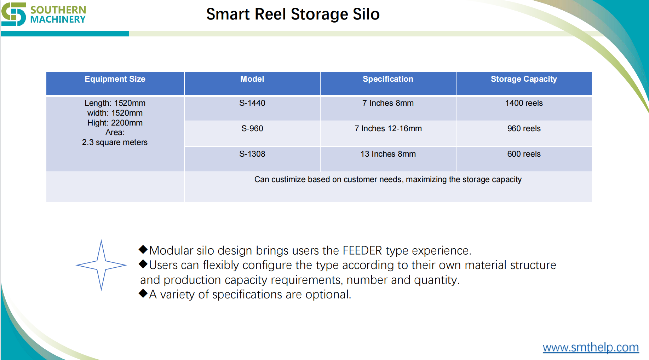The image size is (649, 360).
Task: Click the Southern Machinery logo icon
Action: click(x=13, y=14)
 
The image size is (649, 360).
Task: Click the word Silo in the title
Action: click(x=366, y=14)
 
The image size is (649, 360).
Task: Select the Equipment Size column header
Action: click(x=115, y=79)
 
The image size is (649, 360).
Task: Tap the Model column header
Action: click(x=252, y=79)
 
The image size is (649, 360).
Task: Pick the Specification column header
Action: click(x=388, y=79)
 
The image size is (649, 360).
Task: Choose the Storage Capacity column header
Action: click(x=524, y=79)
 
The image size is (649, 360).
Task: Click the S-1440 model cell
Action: click(x=252, y=103)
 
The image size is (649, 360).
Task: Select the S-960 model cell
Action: click(x=252, y=129)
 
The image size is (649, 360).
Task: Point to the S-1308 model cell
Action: click(x=252, y=154)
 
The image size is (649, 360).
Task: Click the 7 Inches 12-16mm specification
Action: click(x=388, y=129)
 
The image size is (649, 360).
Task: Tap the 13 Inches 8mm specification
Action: click(x=388, y=154)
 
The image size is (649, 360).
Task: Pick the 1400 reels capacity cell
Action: click(x=524, y=103)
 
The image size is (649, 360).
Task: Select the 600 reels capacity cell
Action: click(x=524, y=154)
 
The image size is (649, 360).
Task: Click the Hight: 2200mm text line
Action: click(x=115, y=123)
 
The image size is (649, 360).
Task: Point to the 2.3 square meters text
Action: click(x=115, y=143)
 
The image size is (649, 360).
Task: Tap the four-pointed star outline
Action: click(x=101, y=265)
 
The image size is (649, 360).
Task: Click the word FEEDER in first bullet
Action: click(x=362, y=251)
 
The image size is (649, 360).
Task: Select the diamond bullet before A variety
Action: click(x=143, y=293)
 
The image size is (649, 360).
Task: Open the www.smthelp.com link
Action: click(x=591, y=347)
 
